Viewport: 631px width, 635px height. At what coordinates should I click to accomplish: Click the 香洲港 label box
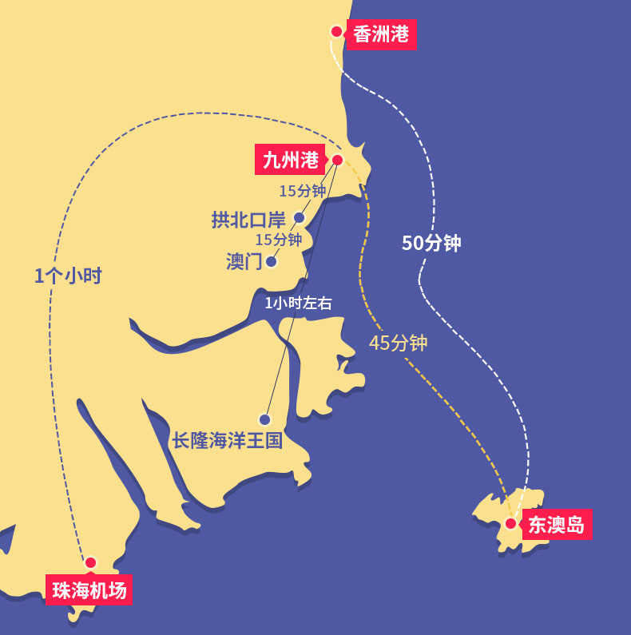tap(381, 34)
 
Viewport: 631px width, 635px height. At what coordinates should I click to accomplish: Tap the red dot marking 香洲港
tap(336, 32)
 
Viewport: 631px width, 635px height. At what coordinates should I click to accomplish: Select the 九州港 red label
tap(291, 160)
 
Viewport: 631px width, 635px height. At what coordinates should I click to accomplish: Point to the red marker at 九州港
tap(337, 160)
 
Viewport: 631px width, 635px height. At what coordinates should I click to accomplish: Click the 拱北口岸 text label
tap(248, 220)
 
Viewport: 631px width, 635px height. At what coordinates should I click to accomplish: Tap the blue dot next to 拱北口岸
tap(300, 217)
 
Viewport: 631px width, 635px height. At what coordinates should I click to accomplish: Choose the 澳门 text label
tap(244, 262)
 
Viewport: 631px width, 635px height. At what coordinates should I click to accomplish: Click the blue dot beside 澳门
tap(272, 261)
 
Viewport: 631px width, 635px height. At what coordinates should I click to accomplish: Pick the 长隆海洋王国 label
tap(228, 440)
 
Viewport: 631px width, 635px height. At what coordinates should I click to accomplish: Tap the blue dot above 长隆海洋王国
tap(265, 419)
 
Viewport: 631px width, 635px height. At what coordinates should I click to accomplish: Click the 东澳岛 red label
tap(557, 525)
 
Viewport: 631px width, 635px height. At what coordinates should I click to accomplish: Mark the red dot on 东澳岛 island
tap(510, 524)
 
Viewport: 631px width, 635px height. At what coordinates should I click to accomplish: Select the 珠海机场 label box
tap(89, 590)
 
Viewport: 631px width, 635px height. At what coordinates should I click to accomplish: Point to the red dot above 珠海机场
tap(90, 562)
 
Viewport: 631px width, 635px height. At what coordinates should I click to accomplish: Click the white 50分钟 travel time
tap(431, 244)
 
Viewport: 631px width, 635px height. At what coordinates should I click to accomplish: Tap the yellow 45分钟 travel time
tap(398, 343)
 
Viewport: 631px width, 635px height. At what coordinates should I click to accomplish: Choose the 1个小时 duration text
tap(68, 276)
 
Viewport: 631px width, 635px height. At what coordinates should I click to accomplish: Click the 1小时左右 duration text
tap(298, 304)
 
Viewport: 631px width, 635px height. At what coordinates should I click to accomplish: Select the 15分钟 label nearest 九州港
tap(302, 191)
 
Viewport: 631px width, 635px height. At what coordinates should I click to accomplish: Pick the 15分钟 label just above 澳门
tap(278, 240)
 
